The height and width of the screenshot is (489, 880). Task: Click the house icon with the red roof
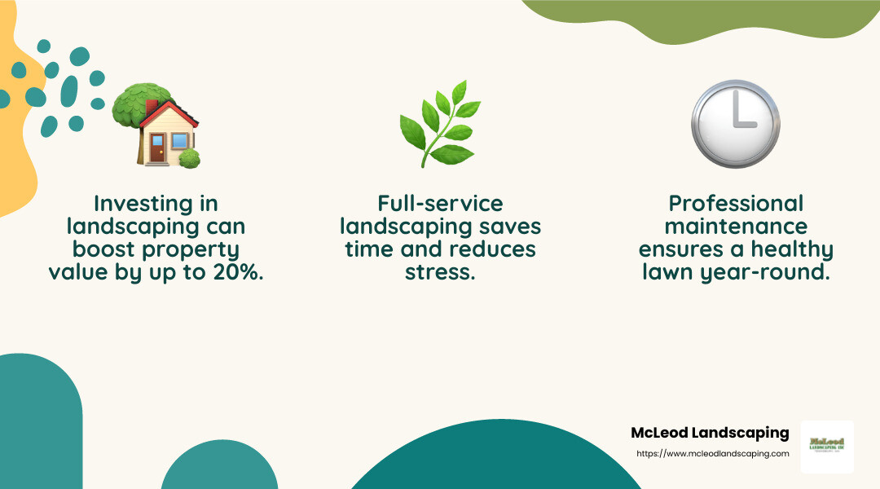[164, 130]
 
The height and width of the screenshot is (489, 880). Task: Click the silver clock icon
[735, 123]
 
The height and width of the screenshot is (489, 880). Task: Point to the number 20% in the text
[240, 272]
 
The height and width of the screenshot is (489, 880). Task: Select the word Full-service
[440, 203]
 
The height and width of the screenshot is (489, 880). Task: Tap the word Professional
[736, 203]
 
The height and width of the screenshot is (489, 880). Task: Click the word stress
[440, 272]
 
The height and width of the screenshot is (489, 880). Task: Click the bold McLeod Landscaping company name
[710, 433]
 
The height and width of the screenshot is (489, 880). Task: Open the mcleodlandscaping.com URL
[712, 454]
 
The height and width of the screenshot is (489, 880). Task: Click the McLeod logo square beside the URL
[827, 447]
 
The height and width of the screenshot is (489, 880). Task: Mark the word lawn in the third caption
[670, 272]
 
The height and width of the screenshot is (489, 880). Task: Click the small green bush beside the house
[190, 158]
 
